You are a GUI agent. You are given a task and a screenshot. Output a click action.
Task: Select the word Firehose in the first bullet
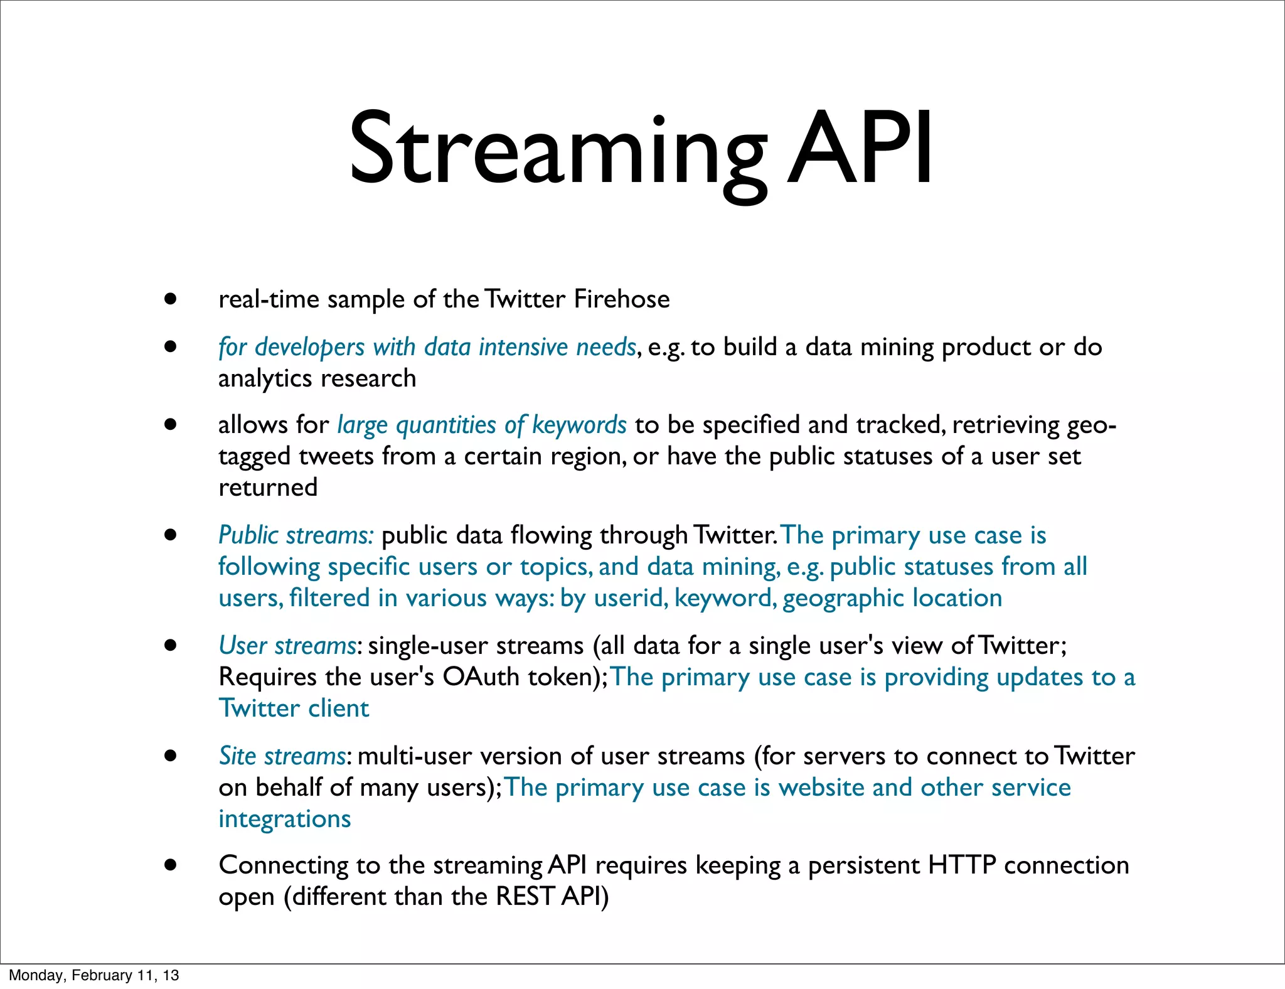pyautogui.click(x=622, y=299)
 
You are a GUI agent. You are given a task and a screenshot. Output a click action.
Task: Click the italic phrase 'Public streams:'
pyautogui.click(x=296, y=535)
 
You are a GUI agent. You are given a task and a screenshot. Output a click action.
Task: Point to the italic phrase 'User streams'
pyautogui.click(x=287, y=646)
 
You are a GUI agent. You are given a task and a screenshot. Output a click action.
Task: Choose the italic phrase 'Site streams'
pyautogui.click(x=282, y=756)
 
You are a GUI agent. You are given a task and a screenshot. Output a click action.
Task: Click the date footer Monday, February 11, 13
pyautogui.click(x=94, y=975)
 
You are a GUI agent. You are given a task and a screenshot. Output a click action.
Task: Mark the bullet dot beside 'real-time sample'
pyautogui.click(x=170, y=299)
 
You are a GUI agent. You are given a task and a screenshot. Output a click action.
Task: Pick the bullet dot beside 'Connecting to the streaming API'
pyautogui.click(x=170, y=865)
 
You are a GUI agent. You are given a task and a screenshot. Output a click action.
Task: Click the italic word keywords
pyautogui.click(x=579, y=425)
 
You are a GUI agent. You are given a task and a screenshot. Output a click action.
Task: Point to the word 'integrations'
pyautogui.click(x=284, y=819)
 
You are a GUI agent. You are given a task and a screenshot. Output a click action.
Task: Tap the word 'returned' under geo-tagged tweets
pyautogui.click(x=268, y=488)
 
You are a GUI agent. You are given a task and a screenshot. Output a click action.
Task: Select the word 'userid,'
pyautogui.click(x=631, y=598)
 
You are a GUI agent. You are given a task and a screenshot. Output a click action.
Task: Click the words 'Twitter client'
pyautogui.click(x=294, y=708)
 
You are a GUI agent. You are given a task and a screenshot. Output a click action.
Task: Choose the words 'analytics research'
pyautogui.click(x=317, y=378)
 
